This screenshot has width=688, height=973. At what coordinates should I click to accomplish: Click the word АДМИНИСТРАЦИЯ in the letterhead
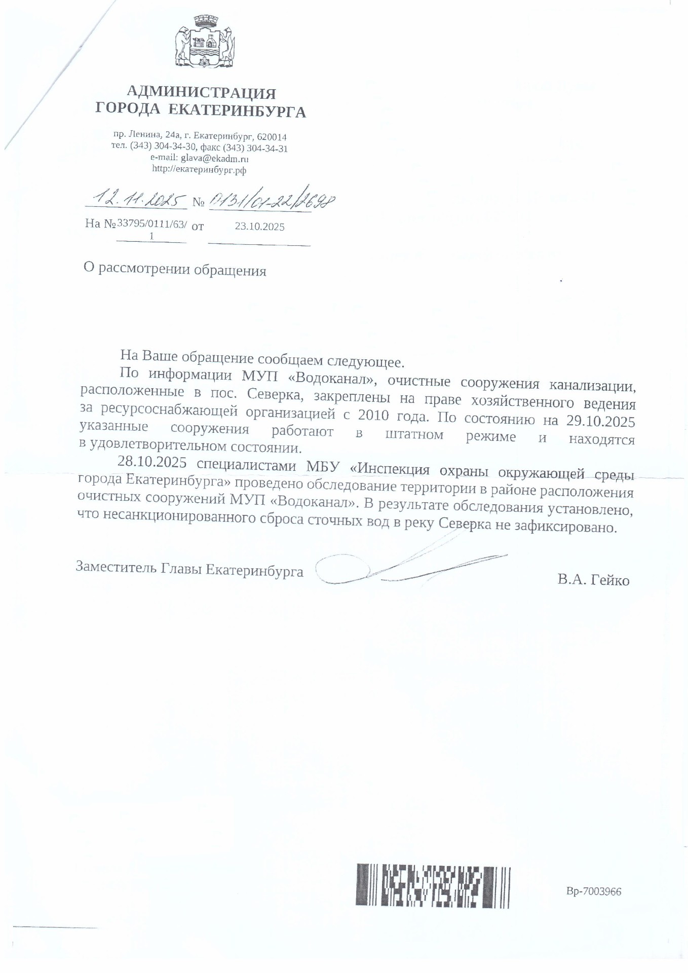click(x=201, y=93)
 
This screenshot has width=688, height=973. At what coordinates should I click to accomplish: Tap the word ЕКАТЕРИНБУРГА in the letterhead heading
click(x=237, y=111)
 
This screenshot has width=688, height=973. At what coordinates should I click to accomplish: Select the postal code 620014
click(x=272, y=137)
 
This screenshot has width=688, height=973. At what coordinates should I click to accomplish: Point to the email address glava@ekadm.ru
click(x=214, y=159)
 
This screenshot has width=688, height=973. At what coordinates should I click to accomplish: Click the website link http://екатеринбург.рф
click(x=199, y=170)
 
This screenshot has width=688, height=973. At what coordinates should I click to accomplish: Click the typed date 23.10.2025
click(x=259, y=227)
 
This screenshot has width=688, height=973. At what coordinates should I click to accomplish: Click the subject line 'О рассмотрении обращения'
click(x=175, y=270)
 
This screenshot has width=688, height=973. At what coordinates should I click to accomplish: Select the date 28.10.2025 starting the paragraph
click(x=152, y=463)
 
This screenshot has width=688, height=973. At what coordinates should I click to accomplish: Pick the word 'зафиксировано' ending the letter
click(x=566, y=527)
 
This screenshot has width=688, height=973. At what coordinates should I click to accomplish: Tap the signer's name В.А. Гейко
click(x=593, y=580)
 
